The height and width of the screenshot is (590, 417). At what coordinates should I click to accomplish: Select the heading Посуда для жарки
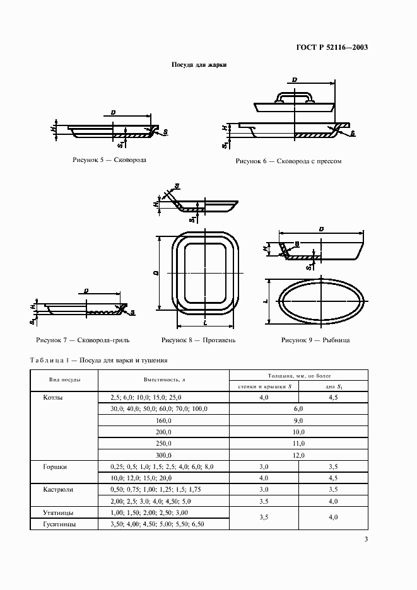click(199, 65)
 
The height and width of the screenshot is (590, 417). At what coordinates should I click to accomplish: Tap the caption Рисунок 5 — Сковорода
click(110, 160)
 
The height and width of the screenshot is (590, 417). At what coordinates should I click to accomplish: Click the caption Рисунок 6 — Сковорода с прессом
click(288, 161)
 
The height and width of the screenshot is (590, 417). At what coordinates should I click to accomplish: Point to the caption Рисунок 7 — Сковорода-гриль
click(83, 340)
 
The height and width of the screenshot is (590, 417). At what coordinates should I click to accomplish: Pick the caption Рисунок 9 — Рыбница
click(315, 340)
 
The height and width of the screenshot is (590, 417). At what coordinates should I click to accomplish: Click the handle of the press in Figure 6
click(294, 96)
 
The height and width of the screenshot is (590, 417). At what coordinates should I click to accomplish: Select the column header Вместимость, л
click(163, 380)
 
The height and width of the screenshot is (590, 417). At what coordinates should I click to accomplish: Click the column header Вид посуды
click(64, 380)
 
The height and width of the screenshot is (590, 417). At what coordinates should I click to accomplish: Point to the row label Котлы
click(53, 398)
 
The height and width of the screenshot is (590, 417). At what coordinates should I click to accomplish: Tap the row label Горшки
click(56, 467)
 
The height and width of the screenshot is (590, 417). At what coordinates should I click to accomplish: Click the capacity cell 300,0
click(163, 454)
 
